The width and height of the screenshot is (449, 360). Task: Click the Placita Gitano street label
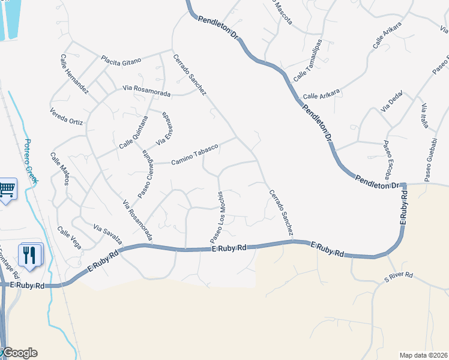(121, 61)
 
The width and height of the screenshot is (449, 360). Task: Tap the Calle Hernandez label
(74, 74)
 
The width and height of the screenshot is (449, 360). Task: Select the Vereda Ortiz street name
(67, 117)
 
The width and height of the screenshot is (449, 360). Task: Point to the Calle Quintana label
(133, 136)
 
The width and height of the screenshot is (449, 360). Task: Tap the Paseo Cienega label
(146, 175)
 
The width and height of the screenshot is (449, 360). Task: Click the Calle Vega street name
(69, 238)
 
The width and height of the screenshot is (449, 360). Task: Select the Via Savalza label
(108, 234)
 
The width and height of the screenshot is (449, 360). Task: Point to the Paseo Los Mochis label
(217, 217)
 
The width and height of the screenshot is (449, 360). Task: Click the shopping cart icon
(7, 190)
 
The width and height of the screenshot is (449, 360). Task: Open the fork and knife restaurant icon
(29, 254)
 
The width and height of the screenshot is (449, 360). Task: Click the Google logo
(20, 353)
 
